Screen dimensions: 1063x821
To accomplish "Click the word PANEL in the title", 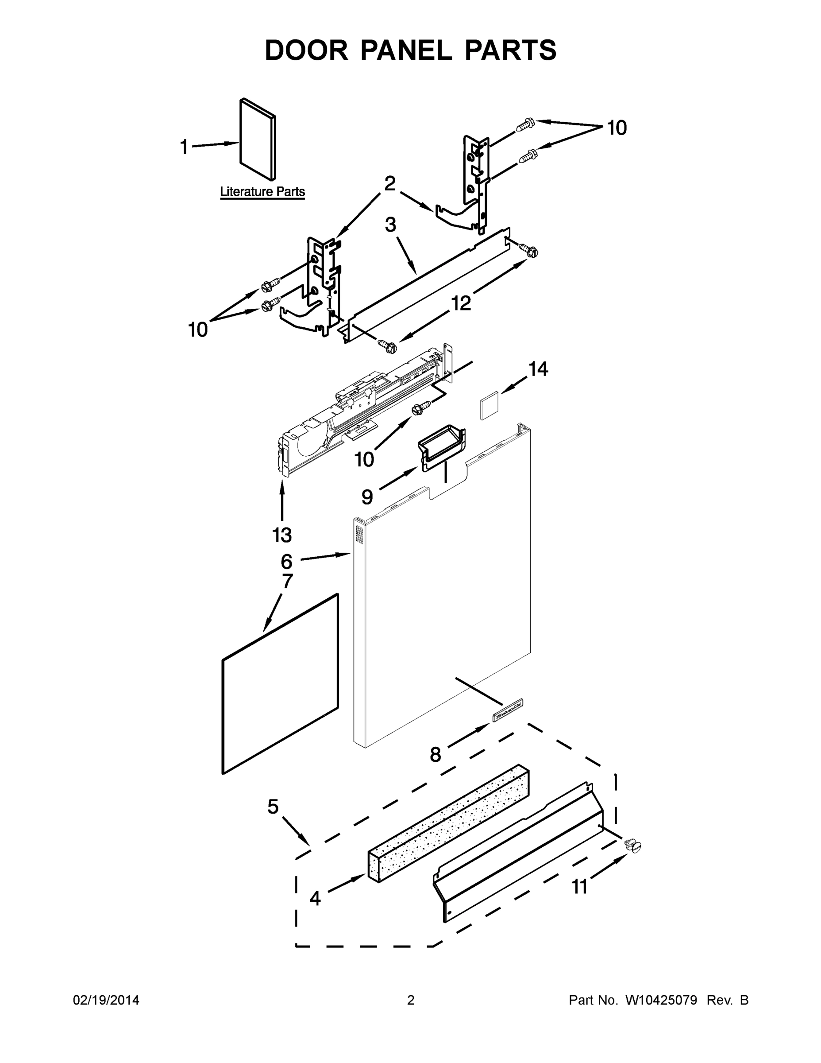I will (406, 50).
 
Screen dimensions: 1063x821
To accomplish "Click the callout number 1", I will (184, 147).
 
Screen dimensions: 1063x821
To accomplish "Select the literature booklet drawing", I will (258, 140).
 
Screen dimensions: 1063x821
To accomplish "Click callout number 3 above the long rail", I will (390, 225).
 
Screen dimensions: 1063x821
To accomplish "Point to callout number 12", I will (461, 303).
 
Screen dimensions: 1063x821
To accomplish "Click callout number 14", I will (539, 369).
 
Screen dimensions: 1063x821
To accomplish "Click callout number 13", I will (282, 535).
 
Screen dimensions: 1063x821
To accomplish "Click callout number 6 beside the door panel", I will (286, 562).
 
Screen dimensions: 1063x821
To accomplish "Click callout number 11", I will (579, 887).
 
